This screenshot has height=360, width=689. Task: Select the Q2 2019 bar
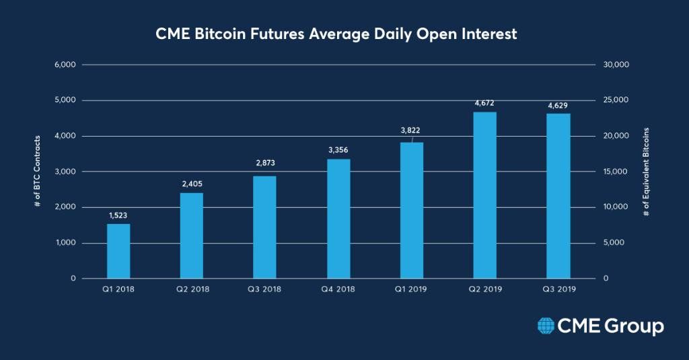[484, 195]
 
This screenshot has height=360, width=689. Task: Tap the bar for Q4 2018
[338, 219]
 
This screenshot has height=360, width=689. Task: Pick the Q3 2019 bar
[558, 196]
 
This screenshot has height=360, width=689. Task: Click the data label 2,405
[192, 183]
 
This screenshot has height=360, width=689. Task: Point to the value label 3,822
[410, 130]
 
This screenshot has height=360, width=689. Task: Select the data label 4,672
[484, 102]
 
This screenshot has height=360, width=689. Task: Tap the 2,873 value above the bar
[265, 163]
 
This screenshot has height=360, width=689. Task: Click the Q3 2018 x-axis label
[265, 289]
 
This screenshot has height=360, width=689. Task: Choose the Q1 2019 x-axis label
[411, 289]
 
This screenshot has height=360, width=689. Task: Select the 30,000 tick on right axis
[617, 65]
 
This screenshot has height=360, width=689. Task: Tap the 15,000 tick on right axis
[617, 172]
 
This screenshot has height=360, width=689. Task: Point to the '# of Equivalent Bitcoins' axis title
[645, 172]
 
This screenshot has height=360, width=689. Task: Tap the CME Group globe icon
[546, 326]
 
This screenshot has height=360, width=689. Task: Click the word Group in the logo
[632, 326]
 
